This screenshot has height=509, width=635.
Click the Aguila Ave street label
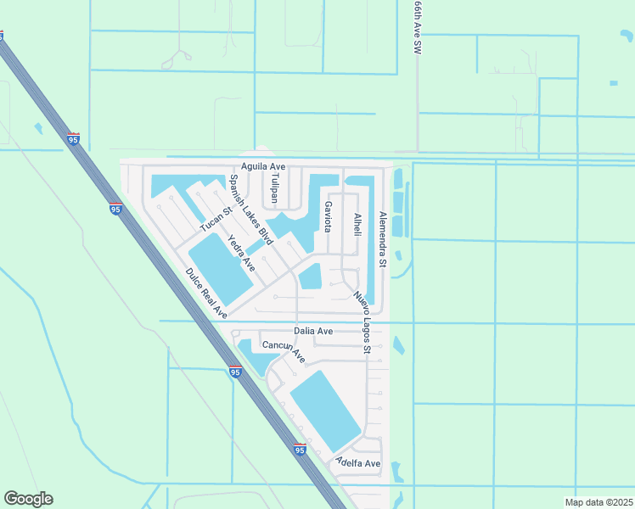[263, 166]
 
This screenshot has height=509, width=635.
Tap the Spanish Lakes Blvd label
[244, 207]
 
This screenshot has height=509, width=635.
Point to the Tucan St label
[216, 219]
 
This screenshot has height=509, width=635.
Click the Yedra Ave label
[242, 254]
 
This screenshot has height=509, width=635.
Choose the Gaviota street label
[326, 215]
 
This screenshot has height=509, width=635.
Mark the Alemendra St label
[383, 240]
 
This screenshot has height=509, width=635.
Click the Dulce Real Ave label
[206, 294]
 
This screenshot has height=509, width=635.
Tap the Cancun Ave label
[284, 351]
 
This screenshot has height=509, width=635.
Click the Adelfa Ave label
[357, 463]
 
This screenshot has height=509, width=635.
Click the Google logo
[28, 499]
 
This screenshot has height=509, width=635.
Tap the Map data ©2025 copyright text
[598, 502]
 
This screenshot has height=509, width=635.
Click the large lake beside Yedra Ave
[219, 269]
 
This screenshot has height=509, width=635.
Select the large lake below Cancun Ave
[326, 411]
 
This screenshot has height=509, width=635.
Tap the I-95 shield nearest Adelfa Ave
[301, 450]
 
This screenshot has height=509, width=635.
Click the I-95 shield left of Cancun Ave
[236, 372]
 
